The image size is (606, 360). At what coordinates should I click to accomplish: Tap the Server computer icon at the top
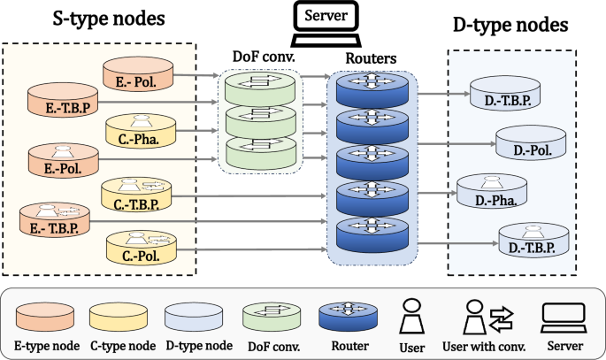(x=325, y=27)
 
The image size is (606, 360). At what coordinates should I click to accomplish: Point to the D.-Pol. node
(x=531, y=142)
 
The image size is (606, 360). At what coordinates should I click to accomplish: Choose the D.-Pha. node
(x=492, y=194)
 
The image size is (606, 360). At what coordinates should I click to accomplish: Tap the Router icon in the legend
(x=349, y=315)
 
